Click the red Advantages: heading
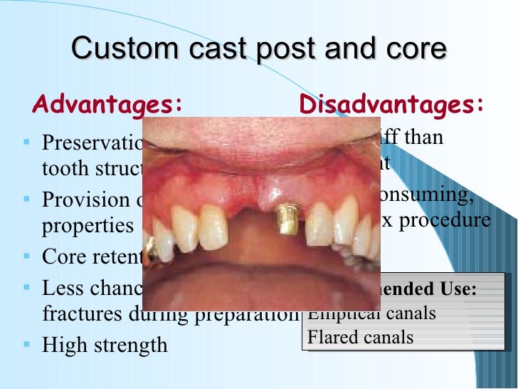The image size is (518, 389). click(107, 105)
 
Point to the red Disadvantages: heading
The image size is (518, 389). click(392, 105)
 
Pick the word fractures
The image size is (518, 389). click(79, 313)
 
